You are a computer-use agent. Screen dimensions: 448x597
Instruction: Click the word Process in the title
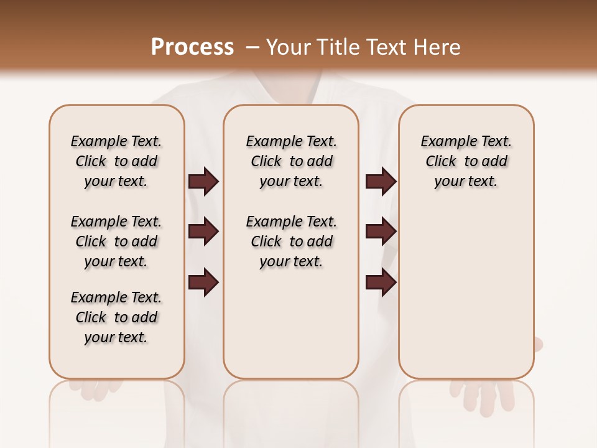(192, 47)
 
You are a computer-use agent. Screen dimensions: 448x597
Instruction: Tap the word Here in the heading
(438, 47)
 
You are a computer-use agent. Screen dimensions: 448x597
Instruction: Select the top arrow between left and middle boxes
(203, 182)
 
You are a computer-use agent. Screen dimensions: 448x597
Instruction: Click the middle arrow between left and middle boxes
(203, 231)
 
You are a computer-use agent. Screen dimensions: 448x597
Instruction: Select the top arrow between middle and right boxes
(381, 182)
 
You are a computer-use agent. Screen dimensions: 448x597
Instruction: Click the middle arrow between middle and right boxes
(381, 231)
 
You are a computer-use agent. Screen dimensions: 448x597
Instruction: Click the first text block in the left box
(116, 161)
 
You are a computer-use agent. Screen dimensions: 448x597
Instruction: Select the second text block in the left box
(116, 241)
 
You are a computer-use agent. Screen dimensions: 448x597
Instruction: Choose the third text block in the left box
(116, 317)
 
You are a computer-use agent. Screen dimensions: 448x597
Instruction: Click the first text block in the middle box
(291, 161)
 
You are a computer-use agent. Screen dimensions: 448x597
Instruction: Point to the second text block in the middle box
(291, 241)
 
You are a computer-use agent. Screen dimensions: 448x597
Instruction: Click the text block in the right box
(466, 161)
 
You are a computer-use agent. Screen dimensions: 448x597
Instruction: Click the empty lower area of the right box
(466, 292)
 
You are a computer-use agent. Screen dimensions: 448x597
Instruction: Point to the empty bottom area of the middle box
(291, 330)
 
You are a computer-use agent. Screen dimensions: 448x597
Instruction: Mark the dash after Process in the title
(252, 47)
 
